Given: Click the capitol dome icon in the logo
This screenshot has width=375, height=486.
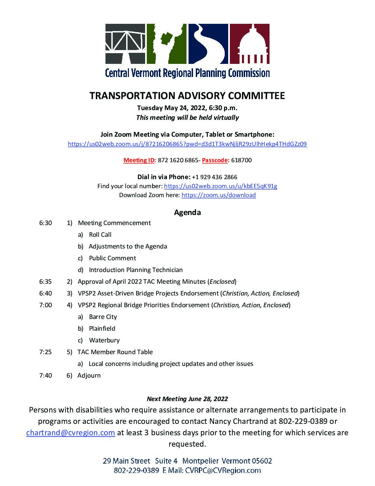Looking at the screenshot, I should (x=250, y=44).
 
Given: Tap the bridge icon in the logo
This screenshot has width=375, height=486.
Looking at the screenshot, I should (x=125, y=44).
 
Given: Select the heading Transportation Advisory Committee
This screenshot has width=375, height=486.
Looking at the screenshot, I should (x=187, y=96).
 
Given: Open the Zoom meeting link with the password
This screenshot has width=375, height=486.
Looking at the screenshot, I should (x=187, y=144).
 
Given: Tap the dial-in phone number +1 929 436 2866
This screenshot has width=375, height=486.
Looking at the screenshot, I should (x=214, y=177).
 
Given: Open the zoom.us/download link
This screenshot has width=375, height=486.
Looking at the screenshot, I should (x=219, y=195).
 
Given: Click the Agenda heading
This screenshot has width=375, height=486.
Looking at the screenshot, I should (x=187, y=212).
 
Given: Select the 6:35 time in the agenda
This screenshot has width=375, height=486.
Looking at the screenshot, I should (x=45, y=282).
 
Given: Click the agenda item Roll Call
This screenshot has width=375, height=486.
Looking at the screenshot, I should (x=100, y=235).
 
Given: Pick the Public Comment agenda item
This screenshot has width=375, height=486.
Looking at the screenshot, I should (x=112, y=258).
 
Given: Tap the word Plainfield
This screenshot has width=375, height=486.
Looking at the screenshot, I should (x=102, y=329).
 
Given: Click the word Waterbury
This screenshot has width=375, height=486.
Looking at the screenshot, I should (x=104, y=340).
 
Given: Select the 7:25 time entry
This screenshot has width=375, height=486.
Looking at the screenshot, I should (x=45, y=352).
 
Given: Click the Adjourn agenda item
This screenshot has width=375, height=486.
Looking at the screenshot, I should (x=89, y=376).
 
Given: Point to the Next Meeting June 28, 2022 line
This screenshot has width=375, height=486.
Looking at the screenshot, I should (x=187, y=399).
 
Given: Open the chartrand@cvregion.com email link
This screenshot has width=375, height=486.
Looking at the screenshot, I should (x=71, y=433).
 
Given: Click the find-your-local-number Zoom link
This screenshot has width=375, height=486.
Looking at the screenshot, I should (x=221, y=186).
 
